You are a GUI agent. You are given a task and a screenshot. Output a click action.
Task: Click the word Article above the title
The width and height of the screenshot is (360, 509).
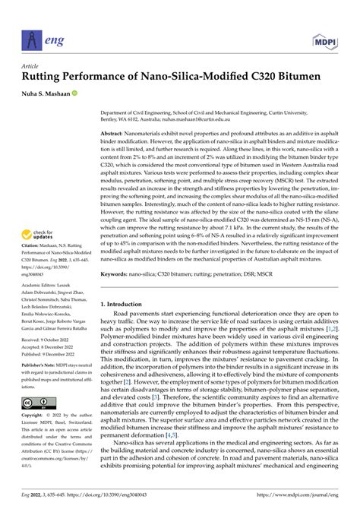(35, 66)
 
